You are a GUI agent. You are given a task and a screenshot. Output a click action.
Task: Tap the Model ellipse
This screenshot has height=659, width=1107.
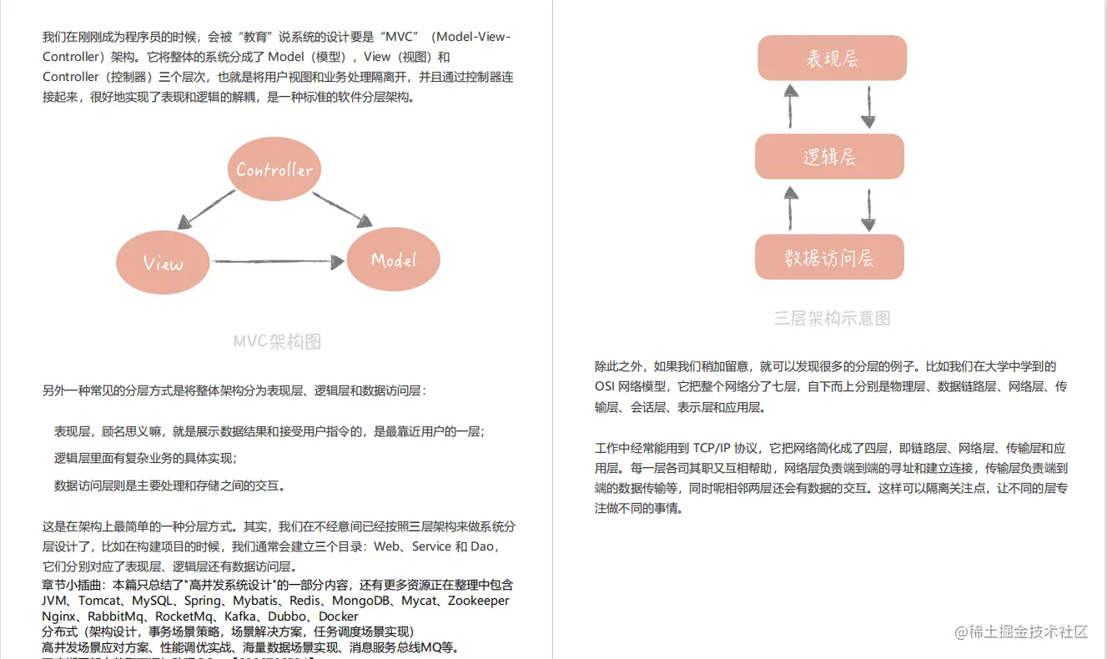[x=393, y=259]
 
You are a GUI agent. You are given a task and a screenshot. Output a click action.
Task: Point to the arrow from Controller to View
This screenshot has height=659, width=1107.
[x=207, y=209]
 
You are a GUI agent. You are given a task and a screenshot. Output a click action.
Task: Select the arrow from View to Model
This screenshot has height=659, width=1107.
[x=278, y=262]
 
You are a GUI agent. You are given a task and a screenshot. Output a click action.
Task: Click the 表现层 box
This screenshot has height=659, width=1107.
[x=832, y=58]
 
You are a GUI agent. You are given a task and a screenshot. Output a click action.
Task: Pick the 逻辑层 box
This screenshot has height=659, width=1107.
[x=829, y=157]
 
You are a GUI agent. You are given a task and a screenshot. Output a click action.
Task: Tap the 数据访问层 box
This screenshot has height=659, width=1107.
[x=829, y=257]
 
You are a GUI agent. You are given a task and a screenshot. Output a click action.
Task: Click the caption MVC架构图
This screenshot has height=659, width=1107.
[x=277, y=341]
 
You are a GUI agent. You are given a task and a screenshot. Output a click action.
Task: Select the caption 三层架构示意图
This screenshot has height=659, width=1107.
[x=832, y=318]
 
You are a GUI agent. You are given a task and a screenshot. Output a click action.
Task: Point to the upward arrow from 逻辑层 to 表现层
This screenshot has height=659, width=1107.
[x=790, y=104]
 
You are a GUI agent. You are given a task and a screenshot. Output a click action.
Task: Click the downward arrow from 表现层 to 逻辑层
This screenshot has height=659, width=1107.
[x=868, y=106]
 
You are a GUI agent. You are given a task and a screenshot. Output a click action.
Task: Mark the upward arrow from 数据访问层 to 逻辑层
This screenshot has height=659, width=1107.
[x=790, y=207]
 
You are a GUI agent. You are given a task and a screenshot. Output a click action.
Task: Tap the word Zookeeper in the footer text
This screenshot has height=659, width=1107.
[x=478, y=601]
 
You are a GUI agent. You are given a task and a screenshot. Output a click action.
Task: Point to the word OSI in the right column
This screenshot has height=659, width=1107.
[x=605, y=386]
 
